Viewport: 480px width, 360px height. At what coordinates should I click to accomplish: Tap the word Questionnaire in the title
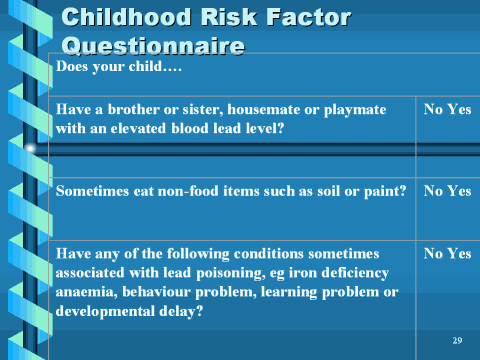point(152,45)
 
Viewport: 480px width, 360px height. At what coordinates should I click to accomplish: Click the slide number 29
point(457,342)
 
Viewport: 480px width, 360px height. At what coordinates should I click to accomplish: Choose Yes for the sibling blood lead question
point(459,109)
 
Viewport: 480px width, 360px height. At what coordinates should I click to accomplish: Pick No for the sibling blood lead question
point(434,109)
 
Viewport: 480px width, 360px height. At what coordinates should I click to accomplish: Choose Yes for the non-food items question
point(459,190)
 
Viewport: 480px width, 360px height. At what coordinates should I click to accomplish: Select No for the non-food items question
point(434,190)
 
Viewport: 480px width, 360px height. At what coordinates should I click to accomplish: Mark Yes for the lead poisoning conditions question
point(459,254)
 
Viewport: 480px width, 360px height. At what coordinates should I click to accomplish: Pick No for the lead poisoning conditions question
point(434,254)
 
